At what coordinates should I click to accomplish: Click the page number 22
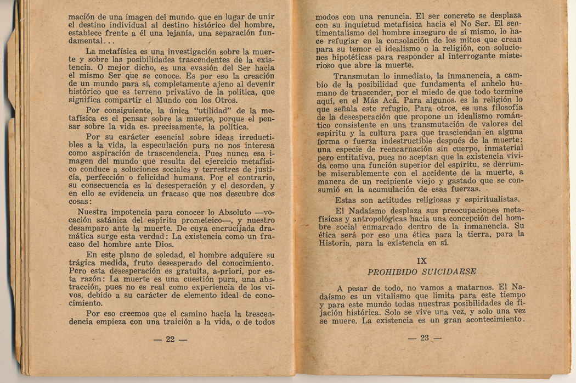click(x=170, y=339)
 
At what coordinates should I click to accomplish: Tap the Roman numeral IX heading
click(x=422, y=261)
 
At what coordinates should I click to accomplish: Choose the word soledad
click(x=145, y=255)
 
